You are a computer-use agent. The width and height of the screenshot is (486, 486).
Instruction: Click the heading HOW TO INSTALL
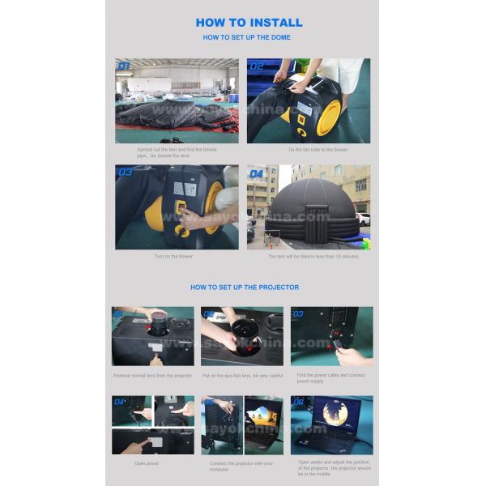pos(249,22)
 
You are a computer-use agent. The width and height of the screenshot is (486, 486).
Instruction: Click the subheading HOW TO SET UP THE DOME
pos(246,37)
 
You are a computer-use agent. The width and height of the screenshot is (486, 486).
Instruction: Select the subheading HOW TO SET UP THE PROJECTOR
pos(245,288)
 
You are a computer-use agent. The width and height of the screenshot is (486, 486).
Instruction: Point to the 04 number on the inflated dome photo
pos(257,173)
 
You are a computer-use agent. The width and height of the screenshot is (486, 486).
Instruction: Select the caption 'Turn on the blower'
pos(174,256)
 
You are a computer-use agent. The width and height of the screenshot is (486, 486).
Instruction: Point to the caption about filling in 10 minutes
pos(313,256)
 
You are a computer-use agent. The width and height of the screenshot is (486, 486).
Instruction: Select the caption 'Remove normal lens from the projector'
pos(152,375)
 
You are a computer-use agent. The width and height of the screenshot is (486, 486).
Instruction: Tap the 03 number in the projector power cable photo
pos(298,313)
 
